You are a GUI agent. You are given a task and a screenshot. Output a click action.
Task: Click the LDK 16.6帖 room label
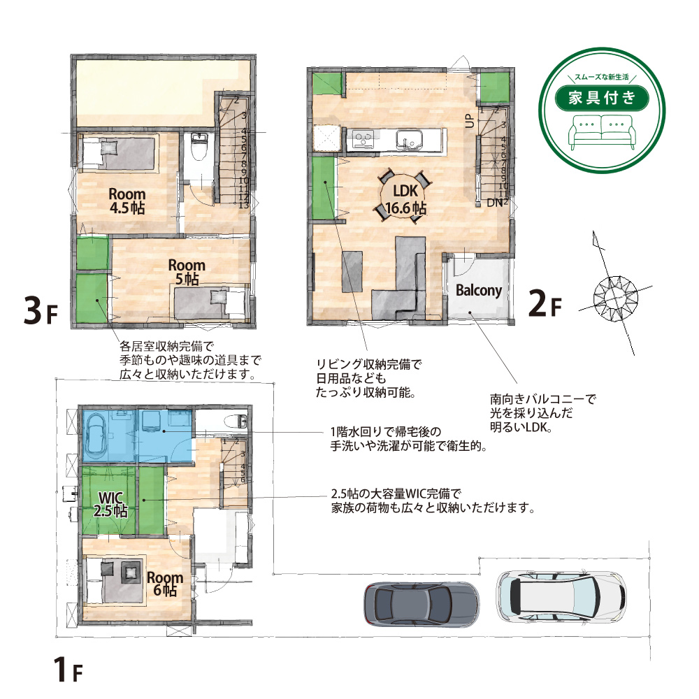click(x=405, y=199)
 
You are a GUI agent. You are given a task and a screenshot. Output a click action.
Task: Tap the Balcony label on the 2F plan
click(x=478, y=291)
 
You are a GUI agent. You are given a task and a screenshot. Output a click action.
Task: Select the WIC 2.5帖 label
click(x=110, y=504)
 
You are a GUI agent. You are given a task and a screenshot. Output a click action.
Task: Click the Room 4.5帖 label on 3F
click(x=127, y=201)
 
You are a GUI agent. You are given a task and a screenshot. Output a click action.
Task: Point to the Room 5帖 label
click(x=187, y=272)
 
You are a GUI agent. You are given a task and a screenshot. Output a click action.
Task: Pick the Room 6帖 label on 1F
click(x=165, y=584)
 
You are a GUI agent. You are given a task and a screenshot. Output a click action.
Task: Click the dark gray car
click(x=421, y=605)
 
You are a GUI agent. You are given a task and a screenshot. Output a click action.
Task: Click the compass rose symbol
click(x=616, y=298)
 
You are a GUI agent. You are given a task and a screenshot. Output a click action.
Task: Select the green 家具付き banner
click(x=601, y=97)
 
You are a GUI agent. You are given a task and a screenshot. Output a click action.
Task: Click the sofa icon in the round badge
click(x=602, y=131)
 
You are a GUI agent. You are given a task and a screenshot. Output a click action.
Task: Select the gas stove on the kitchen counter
click(x=364, y=140)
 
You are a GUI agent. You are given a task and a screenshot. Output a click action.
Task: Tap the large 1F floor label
click(x=68, y=669)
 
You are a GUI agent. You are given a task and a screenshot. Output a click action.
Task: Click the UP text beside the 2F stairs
click(x=470, y=120)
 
